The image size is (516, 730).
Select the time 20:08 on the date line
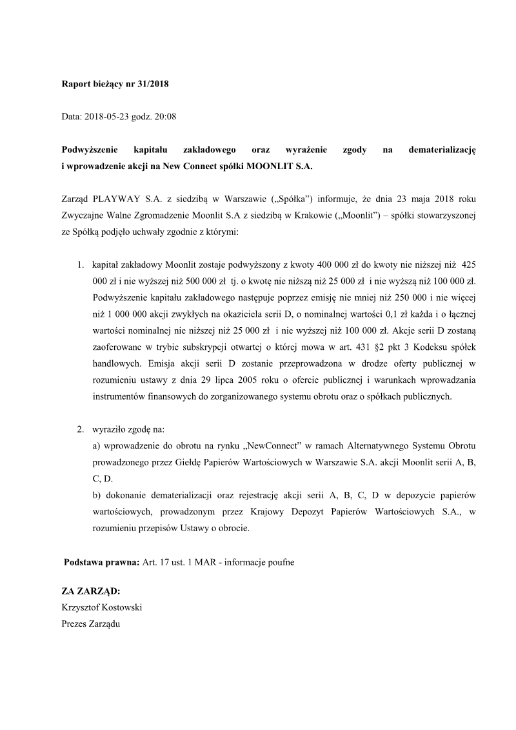(x=166, y=117)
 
